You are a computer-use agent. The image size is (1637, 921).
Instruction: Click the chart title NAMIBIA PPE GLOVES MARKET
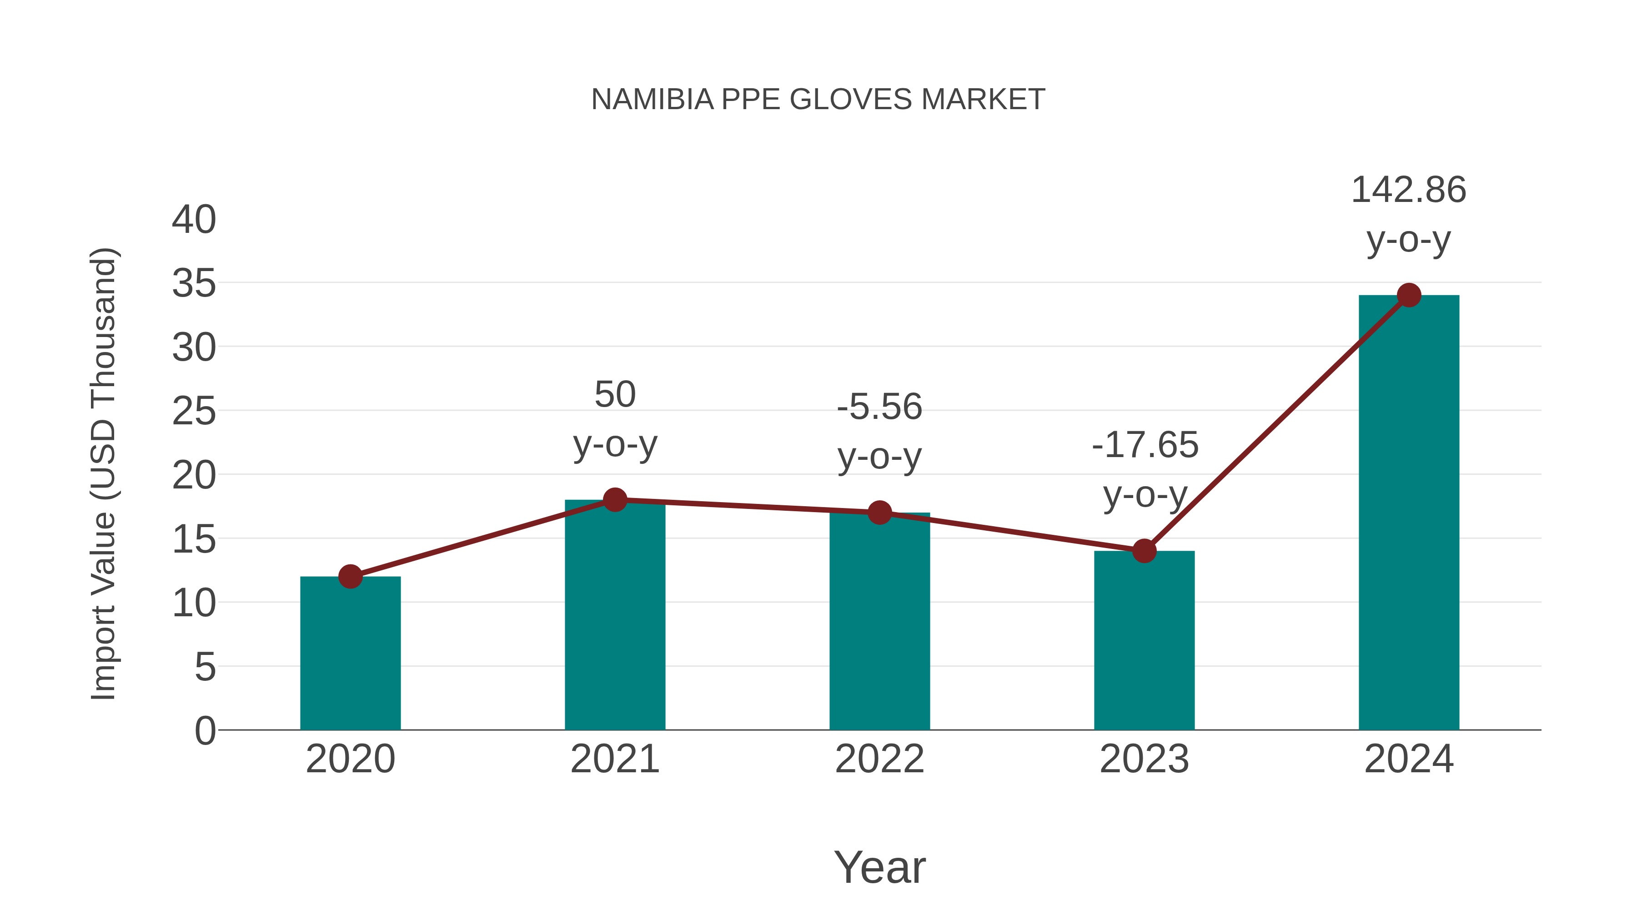click(x=818, y=100)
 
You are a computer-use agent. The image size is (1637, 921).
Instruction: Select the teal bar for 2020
click(x=350, y=654)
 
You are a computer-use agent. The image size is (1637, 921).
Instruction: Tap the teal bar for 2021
click(x=614, y=617)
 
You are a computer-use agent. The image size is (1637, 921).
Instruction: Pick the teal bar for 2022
click(x=879, y=623)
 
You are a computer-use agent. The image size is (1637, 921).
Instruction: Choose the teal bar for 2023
click(x=1144, y=642)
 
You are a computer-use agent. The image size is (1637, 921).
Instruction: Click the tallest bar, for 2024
click(x=1408, y=515)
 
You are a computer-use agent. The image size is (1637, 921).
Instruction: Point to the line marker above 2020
click(x=350, y=577)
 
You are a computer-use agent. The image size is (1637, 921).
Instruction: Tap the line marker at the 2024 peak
click(x=1409, y=295)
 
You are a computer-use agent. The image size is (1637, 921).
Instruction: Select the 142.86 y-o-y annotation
click(x=1408, y=214)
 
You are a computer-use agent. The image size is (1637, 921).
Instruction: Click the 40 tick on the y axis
click(x=194, y=220)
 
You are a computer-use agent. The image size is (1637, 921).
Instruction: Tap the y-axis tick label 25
click(x=194, y=412)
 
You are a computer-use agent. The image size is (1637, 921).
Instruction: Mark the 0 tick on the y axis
click(x=205, y=731)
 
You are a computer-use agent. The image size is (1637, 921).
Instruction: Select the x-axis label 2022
click(x=879, y=760)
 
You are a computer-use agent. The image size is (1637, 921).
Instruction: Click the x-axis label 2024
click(x=1408, y=760)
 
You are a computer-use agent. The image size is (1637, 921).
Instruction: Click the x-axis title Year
click(x=879, y=867)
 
